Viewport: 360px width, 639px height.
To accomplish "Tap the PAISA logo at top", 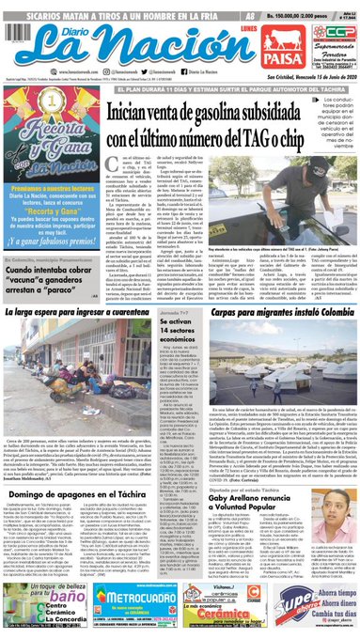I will [x=256, y=38].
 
